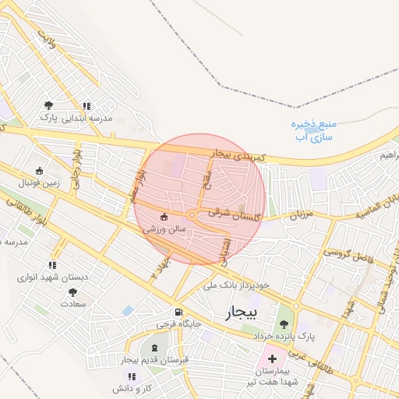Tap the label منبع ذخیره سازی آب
tap(314, 130)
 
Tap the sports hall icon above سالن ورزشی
tap(164, 217)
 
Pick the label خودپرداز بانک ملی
tap(236, 285)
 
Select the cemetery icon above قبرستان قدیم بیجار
tap(154, 347)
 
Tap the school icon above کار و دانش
tap(131, 376)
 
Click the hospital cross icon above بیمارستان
tap(271, 358)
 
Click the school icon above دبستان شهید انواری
tap(52, 265)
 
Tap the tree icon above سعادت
tap(72, 292)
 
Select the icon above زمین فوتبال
tap(40, 171)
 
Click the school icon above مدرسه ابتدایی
tap(87, 106)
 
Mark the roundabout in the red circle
tap(192, 214)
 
